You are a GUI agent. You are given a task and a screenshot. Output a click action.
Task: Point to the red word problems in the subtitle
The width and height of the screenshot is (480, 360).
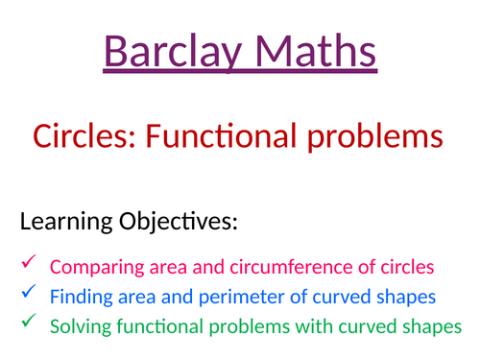[379, 137]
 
